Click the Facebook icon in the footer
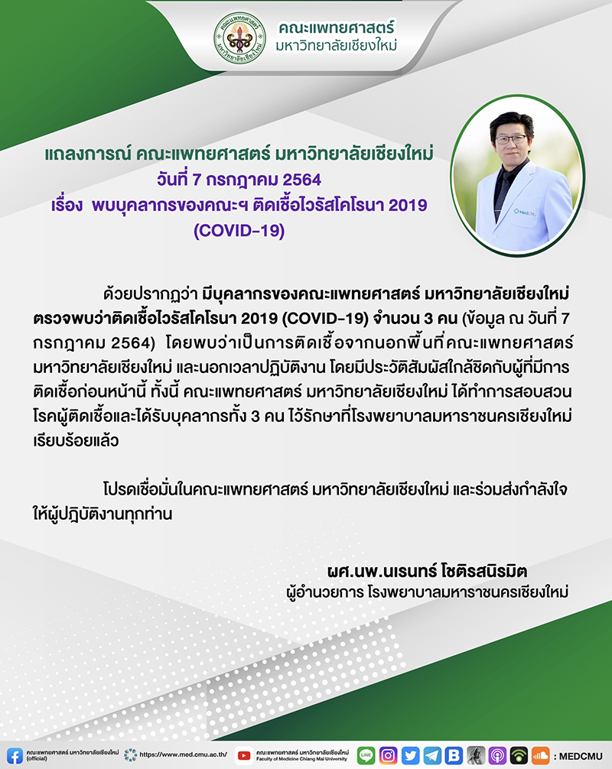coord(15,755)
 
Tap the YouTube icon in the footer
coord(244,756)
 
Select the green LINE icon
coord(366,755)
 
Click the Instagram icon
coord(388,755)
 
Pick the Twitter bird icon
coord(410,755)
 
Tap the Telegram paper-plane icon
coord(432,755)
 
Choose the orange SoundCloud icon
coord(540,755)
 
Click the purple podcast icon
coord(497,755)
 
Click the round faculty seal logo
coord(240,38)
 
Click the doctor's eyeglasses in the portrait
coord(511,139)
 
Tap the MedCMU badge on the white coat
coord(525,212)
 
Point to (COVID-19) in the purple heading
coord(239,231)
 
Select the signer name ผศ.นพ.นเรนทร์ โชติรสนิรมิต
coord(427,571)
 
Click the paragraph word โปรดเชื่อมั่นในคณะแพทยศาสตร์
coord(206,489)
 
